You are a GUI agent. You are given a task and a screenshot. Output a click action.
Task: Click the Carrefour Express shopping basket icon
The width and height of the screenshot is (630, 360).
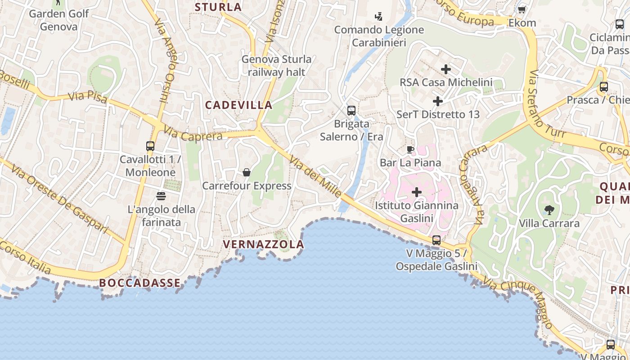coord(247,172)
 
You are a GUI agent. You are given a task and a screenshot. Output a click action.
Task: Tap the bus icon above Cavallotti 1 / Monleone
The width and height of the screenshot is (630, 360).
coord(150,146)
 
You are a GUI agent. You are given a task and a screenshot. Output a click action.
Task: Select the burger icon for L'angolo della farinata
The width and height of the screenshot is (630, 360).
coord(161,196)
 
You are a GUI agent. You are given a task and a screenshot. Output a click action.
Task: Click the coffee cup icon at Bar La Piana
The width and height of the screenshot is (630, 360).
coord(410,149)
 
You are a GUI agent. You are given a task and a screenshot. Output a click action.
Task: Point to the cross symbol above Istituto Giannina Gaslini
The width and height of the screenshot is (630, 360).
coord(417,192)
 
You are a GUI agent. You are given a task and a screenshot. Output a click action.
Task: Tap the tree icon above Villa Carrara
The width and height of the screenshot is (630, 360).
coord(549,209)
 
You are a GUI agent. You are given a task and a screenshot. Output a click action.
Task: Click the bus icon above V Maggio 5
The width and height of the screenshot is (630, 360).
coord(436,240)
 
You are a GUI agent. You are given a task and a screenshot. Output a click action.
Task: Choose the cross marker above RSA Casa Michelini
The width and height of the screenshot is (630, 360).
coord(445,69)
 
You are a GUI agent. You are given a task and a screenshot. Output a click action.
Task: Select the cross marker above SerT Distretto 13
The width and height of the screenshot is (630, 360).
coord(437,101)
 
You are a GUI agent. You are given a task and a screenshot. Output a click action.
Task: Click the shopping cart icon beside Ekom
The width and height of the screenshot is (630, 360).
coord(522,9)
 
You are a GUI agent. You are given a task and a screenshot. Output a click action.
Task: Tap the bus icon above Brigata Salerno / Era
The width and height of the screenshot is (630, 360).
coord(351,110)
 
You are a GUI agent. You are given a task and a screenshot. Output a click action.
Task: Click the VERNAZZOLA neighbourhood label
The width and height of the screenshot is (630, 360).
coord(264,244)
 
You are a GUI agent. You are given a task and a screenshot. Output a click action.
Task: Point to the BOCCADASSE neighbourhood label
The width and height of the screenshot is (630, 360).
coord(140,283)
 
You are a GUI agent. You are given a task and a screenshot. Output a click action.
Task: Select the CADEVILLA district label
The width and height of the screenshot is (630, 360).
coord(239,105)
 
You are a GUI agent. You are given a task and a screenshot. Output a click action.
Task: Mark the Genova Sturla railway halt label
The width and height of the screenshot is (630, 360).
coord(276,66)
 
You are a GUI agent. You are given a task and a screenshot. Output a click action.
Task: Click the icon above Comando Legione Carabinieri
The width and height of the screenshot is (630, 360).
coord(379,17)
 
